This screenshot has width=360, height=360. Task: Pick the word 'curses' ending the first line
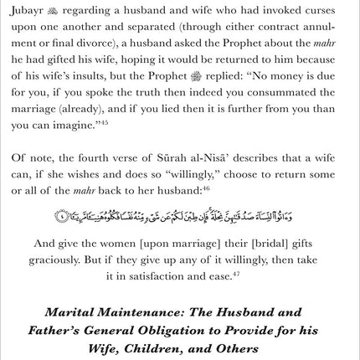[330, 9]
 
